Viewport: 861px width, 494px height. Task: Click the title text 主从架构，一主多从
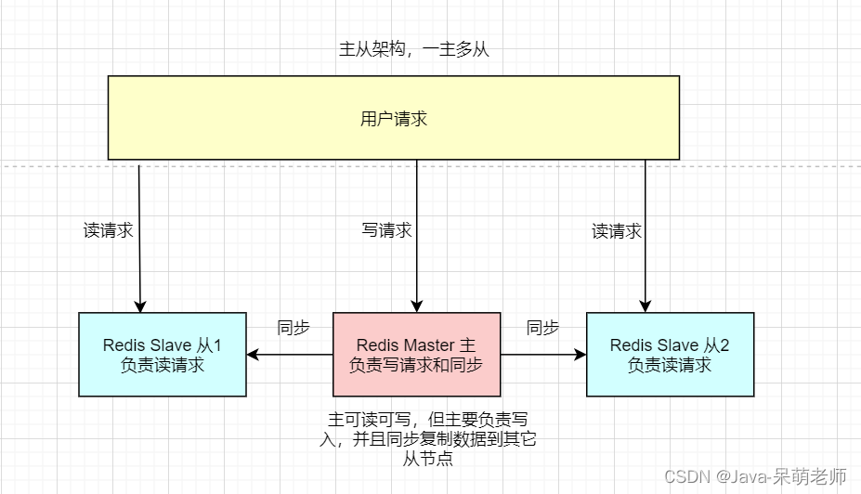tap(413, 50)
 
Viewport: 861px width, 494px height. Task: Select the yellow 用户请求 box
tap(393, 118)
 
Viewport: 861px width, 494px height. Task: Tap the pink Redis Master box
tap(416, 355)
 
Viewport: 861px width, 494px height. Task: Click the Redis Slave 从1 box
tap(163, 355)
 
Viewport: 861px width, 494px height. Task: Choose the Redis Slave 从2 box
tap(670, 355)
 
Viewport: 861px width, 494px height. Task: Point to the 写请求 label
tap(386, 230)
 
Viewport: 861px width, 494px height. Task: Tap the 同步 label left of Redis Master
tap(294, 328)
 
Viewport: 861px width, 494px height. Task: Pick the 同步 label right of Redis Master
tap(542, 328)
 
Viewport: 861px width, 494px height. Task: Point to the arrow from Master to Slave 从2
tap(543, 355)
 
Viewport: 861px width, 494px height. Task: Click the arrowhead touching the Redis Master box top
tap(416, 305)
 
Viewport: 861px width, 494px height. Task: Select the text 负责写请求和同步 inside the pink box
tap(416, 365)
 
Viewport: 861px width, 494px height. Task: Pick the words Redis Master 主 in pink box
tap(416, 345)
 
